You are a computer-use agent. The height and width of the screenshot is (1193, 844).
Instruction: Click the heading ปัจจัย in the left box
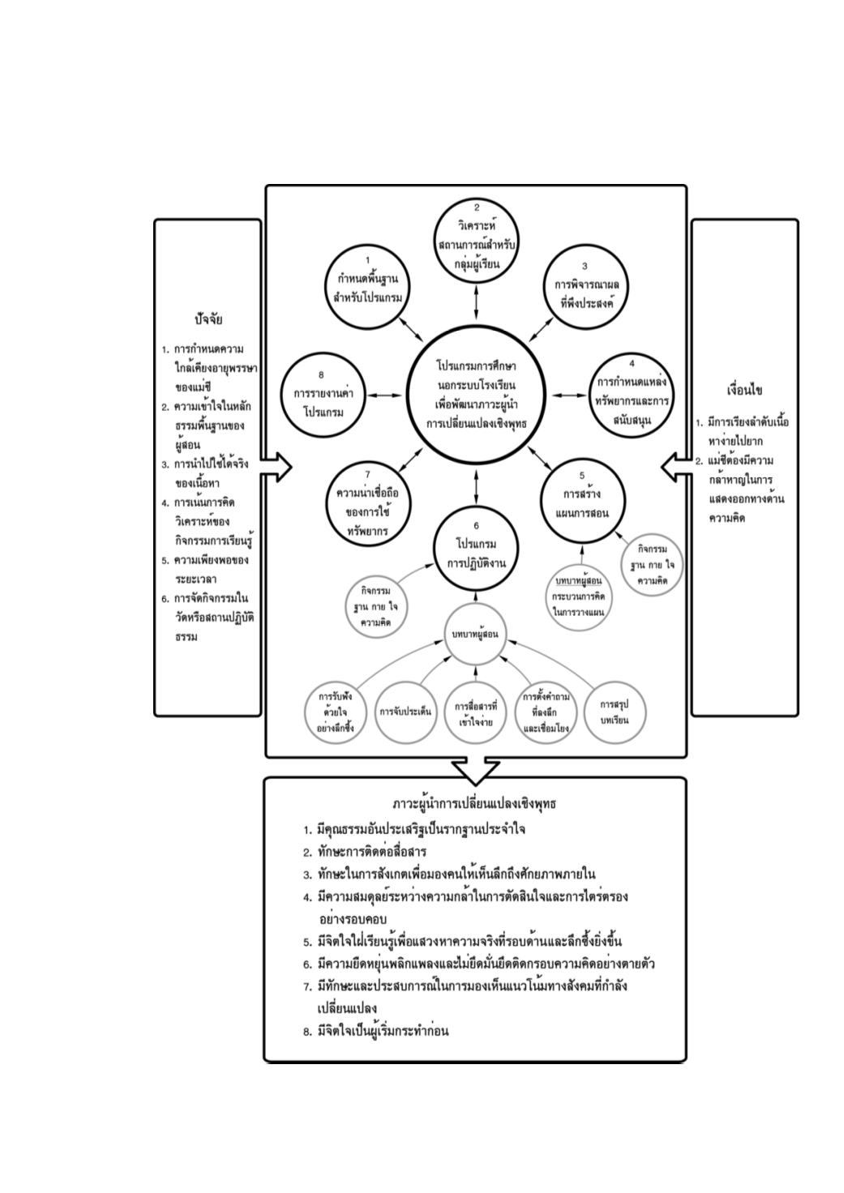point(208,319)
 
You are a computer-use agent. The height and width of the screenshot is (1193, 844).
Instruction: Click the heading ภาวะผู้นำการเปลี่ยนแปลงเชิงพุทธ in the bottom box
point(474,805)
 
